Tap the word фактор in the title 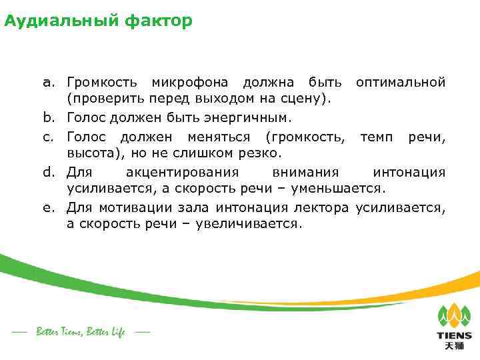pyautogui.click(x=157, y=22)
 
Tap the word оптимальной pyautogui.click(x=400, y=83)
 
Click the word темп pyautogui.click(x=377, y=136)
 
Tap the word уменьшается pyautogui.click(x=336, y=189)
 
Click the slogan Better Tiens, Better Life pyautogui.click(x=81, y=332)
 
